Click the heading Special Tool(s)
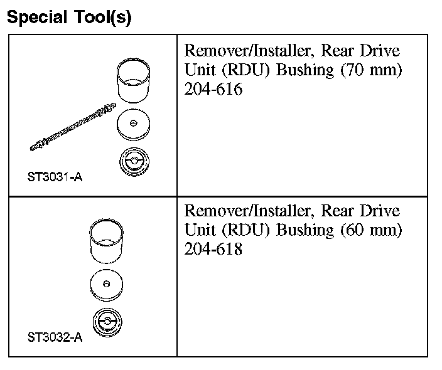click(x=69, y=17)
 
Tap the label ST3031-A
click(x=55, y=177)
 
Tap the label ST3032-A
click(x=55, y=338)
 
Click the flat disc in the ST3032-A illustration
click(x=107, y=285)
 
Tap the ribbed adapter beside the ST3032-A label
click(x=107, y=323)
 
